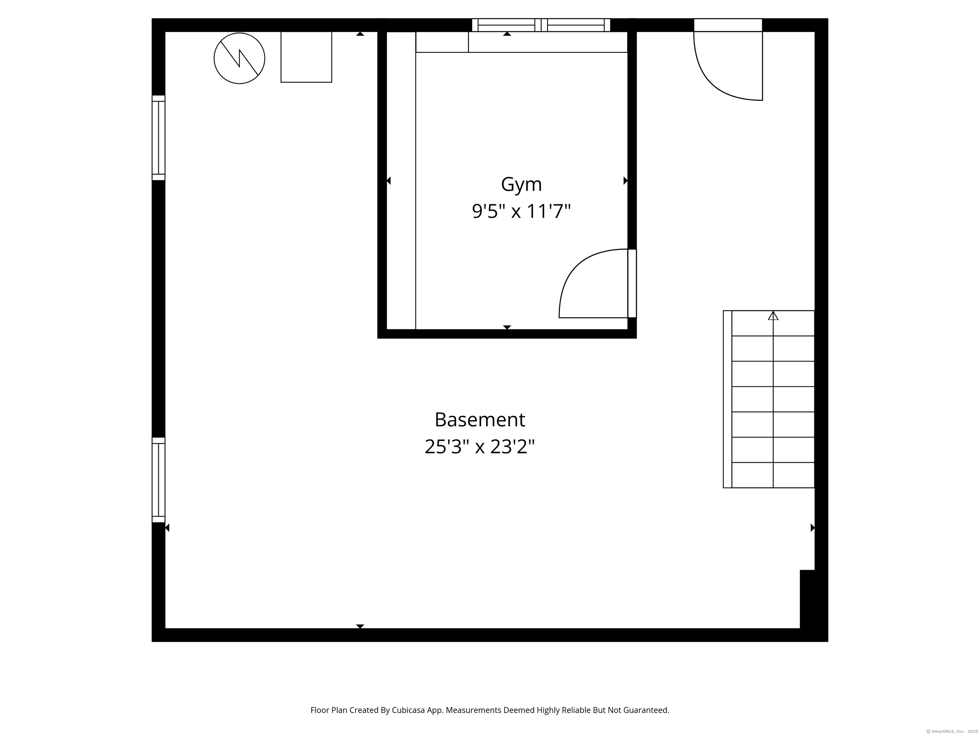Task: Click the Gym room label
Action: [521, 184]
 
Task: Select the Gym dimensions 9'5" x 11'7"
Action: [521, 211]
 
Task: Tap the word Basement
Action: [479, 419]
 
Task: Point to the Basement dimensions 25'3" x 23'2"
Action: [479, 447]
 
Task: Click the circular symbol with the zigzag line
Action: [239, 58]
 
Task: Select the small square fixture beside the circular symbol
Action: [306, 57]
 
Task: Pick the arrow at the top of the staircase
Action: [773, 316]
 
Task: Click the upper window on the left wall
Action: [158, 138]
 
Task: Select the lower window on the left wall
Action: [158, 480]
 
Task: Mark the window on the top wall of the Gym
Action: [540, 25]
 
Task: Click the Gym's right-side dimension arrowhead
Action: [626, 180]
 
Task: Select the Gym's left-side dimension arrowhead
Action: [389, 180]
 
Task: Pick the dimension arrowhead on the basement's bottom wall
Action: [360, 626]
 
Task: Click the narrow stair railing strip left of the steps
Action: [727, 399]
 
